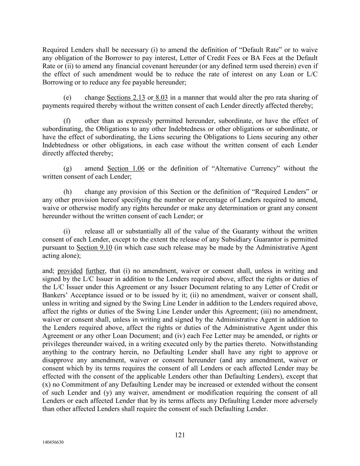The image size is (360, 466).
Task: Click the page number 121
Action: (180, 435)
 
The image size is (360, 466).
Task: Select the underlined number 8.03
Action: (161, 98)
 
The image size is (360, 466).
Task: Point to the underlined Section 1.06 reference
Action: (126, 168)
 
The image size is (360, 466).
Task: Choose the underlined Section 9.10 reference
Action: (94, 248)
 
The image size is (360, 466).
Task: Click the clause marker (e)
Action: (67, 98)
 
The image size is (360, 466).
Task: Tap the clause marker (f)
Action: (67, 121)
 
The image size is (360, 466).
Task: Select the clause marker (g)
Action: (67, 168)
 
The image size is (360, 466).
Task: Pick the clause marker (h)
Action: (67, 192)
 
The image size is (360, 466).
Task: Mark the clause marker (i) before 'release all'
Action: (67, 231)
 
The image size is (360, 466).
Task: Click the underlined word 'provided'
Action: (70, 271)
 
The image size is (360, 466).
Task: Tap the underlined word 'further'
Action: (96, 271)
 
